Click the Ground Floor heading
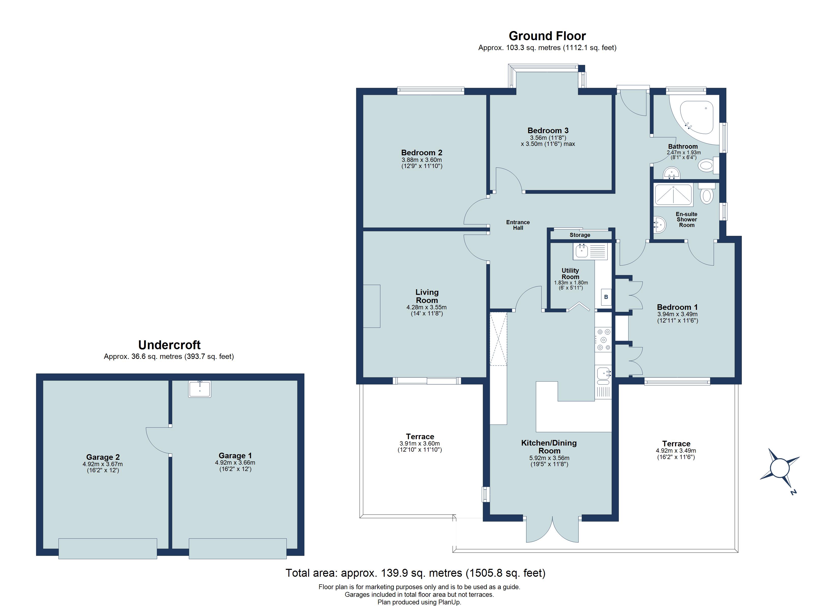pyautogui.click(x=547, y=36)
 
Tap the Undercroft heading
pyautogui.click(x=169, y=345)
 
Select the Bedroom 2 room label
pyautogui.click(x=422, y=152)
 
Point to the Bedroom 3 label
pyautogui.click(x=548, y=130)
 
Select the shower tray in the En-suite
pyautogui.click(x=673, y=195)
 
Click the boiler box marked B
pyautogui.click(x=606, y=297)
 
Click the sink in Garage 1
pyautogui.click(x=200, y=389)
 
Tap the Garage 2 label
pyautogui.click(x=103, y=457)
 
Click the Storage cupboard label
pyautogui.click(x=580, y=235)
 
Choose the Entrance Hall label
pyautogui.click(x=518, y=225)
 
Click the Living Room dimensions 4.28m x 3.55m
pyautogui.click(x=427, y=307)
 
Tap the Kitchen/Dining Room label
pyautogui.click(x=549, y=447)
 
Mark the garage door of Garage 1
pyautogui.click(x=237, y=548)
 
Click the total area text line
pyautogui.click(x=415, y=573)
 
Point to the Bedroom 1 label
pyautogui.click(x=677, y=307)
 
